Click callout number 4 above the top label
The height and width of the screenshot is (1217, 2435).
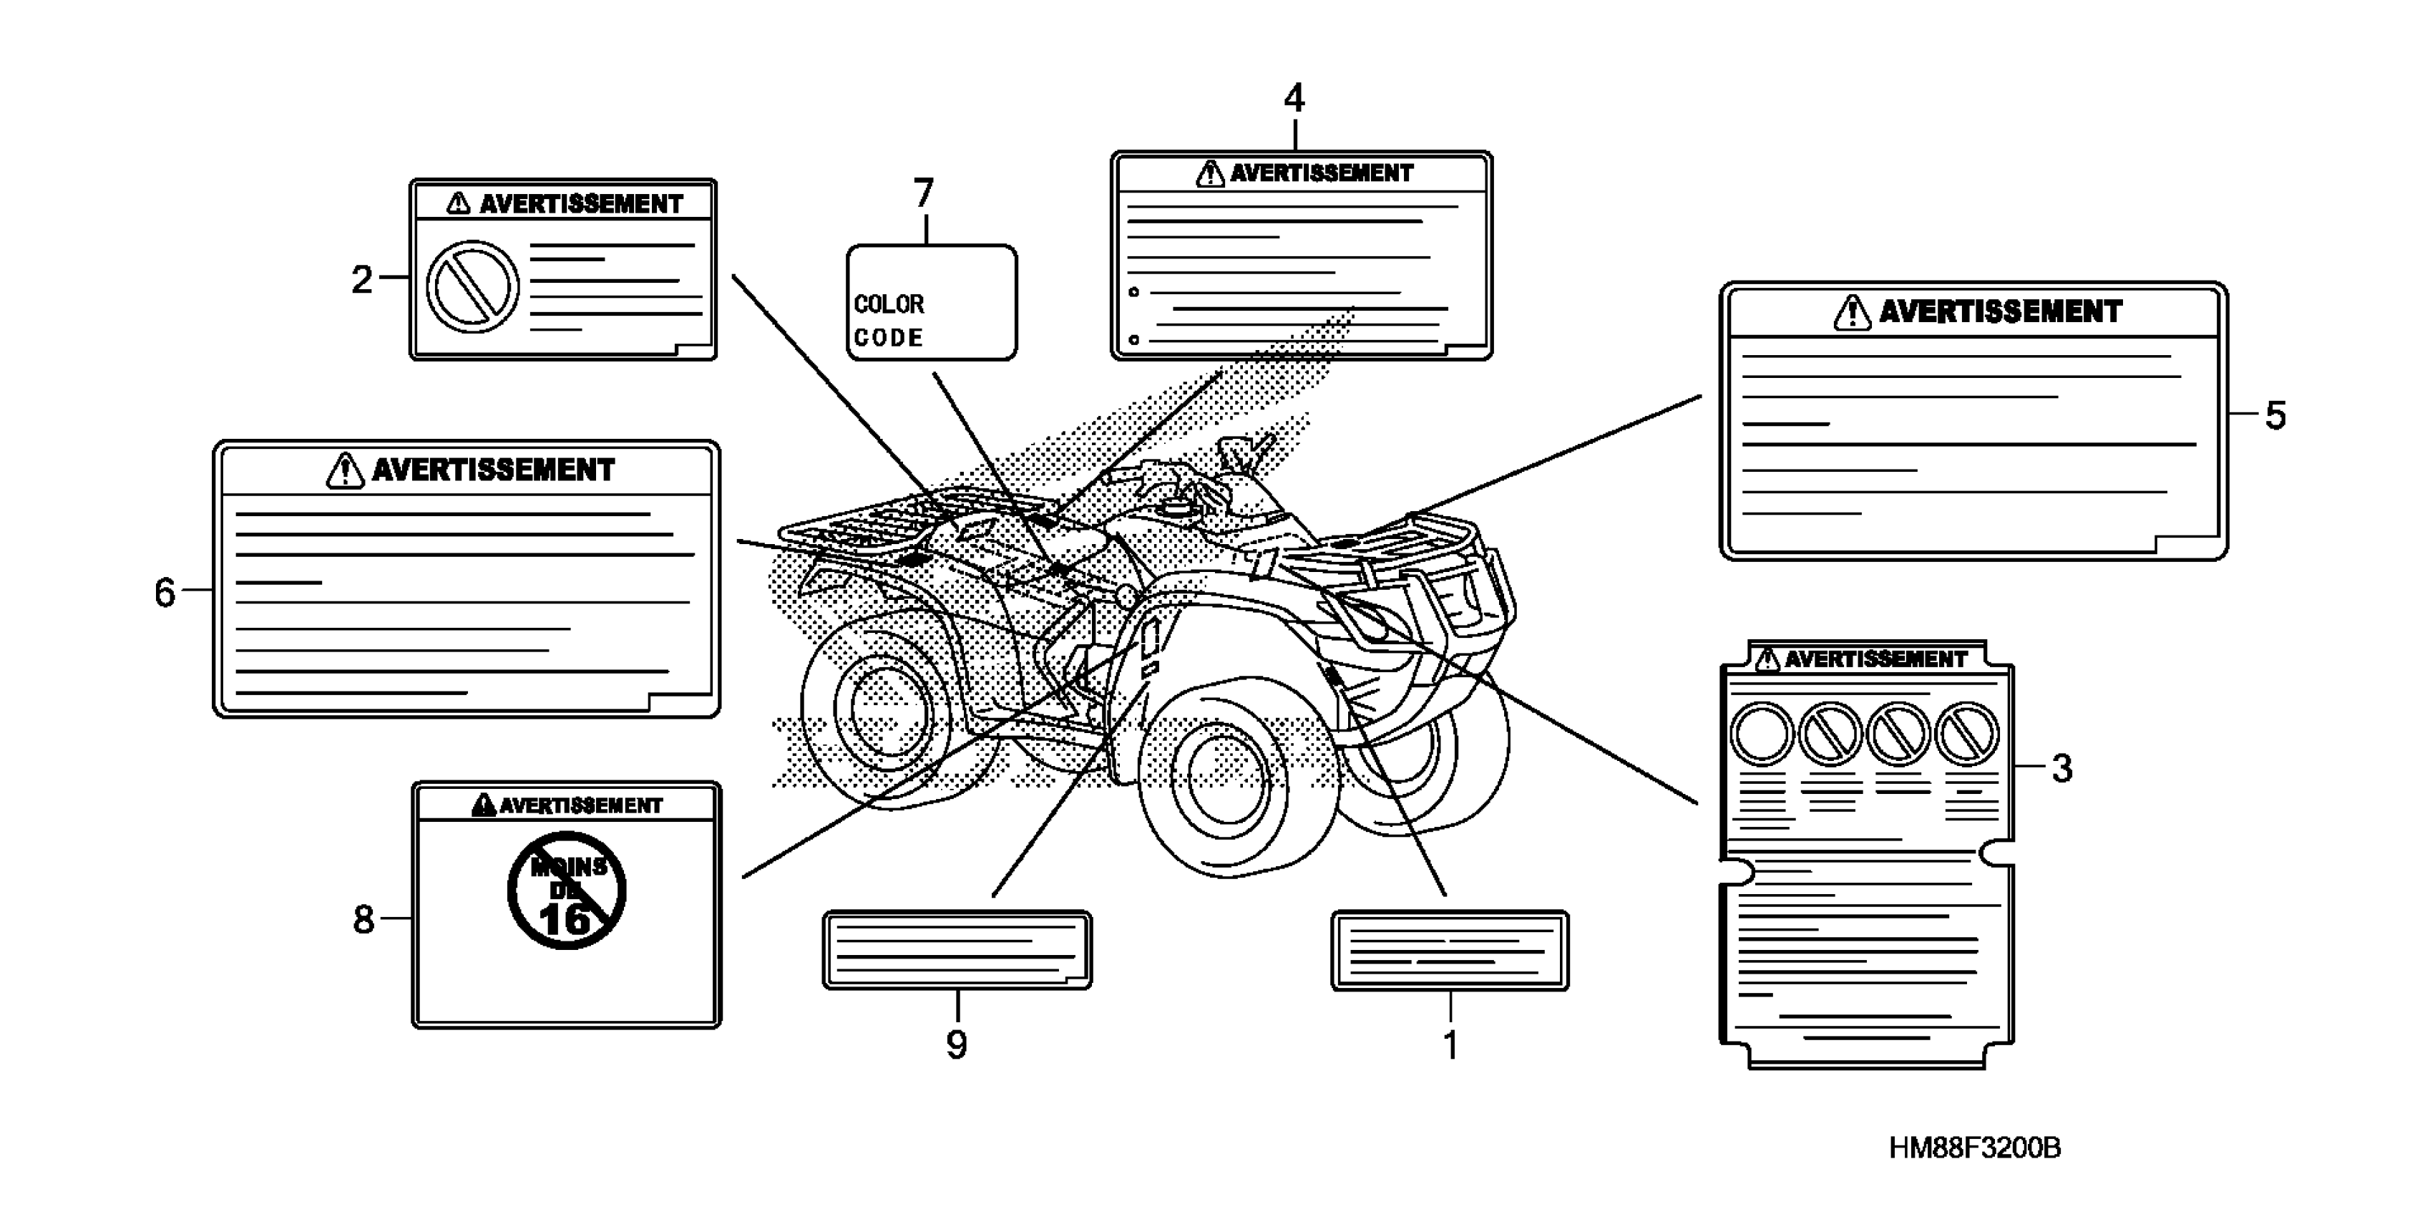(x=1294, y=98)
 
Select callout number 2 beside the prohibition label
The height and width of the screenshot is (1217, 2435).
(x=362, y=280)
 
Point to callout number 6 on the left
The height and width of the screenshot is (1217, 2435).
(x=165, y=593)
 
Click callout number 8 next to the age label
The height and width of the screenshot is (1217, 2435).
(x=364, y=919)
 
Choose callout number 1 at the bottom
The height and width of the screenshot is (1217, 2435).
(x=1450, y=1046)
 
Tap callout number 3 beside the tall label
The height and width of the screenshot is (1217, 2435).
(x=2061, y=768)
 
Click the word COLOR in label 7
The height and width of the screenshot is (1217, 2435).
(x=889, y=304)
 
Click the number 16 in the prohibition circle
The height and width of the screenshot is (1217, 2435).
(x=565, y=918)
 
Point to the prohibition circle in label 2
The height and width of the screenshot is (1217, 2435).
(x=473, y=286)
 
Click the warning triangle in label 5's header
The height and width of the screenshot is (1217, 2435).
(x=1851, y=313)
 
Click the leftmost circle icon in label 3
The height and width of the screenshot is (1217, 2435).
(x=1761, y=733)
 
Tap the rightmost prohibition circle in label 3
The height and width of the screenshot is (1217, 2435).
(x=1967, y=733)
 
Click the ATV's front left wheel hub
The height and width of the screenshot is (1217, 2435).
(x=1226, y=775)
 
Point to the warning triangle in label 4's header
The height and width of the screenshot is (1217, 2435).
(x=1210, y=174)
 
